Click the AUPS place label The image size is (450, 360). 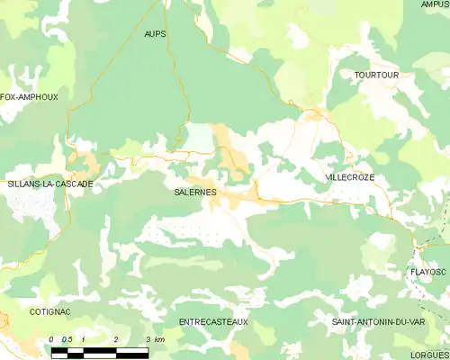click(156, 33)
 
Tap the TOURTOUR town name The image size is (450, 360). click(375, 75)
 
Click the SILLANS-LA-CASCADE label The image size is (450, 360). click(49, 184)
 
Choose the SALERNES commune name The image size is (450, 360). click(195, 192)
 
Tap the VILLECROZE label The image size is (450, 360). click(349, 178)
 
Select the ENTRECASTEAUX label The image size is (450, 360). click(213, 321)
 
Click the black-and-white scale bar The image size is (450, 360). click(100, 352)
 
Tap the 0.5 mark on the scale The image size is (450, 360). click(67, 339)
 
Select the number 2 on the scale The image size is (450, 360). click(116, 339)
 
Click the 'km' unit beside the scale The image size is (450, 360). click(159, 339)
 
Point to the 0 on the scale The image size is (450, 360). click(52, 339)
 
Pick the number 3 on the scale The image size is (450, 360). click(148, 339)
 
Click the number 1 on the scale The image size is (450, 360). click(84, 339)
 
